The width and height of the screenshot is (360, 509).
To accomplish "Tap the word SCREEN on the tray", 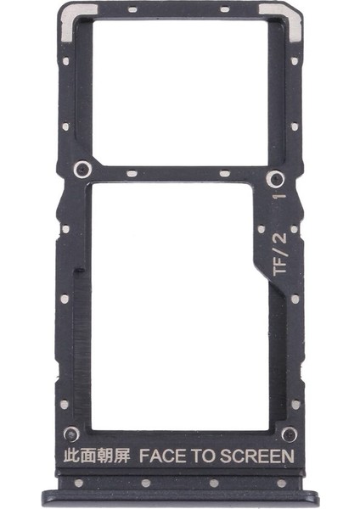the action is [256, 456].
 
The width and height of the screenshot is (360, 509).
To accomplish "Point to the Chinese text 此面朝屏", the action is [97, 456].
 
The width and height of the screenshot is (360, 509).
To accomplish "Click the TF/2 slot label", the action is [280, 255].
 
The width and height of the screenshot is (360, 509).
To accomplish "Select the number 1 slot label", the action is [280, 196].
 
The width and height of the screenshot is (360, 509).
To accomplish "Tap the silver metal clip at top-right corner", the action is [286, 20].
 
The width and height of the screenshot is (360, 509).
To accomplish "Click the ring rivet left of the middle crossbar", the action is [82, 170].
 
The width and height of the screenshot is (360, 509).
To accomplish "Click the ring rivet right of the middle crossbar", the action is [275, 178].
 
